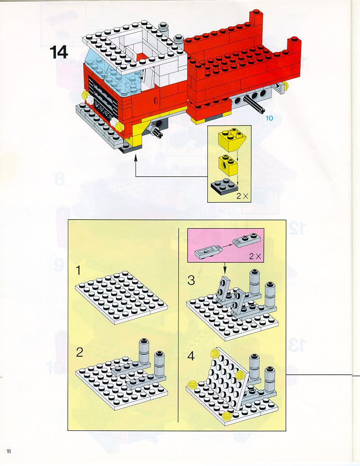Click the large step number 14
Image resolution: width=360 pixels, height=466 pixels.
pos(59,52)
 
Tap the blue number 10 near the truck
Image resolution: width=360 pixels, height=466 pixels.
pos(269,118)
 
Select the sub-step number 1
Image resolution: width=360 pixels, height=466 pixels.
pos(78,271)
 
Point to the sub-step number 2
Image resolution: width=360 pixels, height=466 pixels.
pos(79,353)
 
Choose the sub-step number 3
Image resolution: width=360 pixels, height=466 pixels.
pos(191,280)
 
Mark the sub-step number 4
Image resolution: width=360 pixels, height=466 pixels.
pos(191,356)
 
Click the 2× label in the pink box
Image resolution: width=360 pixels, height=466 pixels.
pos(255,256)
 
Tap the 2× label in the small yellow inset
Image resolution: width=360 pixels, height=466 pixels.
pos(242,196)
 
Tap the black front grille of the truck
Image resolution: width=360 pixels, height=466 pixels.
pos(103,98)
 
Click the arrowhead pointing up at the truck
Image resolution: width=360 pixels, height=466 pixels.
pos(136,158)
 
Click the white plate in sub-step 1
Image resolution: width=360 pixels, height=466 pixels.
pos(122,297)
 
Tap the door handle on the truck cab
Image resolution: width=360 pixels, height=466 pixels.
pos(155,100)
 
